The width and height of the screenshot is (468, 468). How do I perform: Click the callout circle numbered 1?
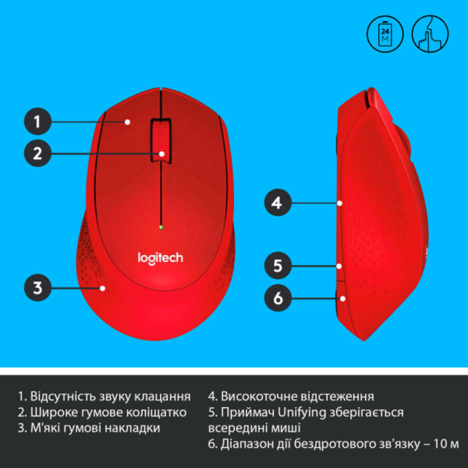pyautogui.click(x=37, y=122)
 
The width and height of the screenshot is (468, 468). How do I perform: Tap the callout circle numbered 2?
pyautogui.click(x=37, y=153)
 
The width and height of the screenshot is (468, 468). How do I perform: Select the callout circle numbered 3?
pyautogui.click(x=37, y=287)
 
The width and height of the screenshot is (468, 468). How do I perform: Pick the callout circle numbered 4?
pyautogui.click(x=278, y=203)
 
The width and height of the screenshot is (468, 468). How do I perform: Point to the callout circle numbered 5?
pyautogui.click(x=278, y=266)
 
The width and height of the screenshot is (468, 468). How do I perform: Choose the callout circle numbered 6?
pyautogui.click(x=278, y=298)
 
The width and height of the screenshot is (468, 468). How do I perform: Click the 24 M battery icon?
pyautogui.click(x=385, y=33)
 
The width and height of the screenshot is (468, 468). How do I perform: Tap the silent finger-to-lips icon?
pyautogui.click(x=430, y=33)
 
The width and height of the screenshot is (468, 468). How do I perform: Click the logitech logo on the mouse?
pyautogui.click(x=160, y=257)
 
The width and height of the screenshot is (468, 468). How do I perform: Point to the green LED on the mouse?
pyautogui.click(x=161, y=227)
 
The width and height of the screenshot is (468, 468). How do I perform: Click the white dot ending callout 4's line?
pyautogui.click(x=339, y=204)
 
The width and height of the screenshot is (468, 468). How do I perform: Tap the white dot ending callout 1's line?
pyautogui.click(x=127, y=122)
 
